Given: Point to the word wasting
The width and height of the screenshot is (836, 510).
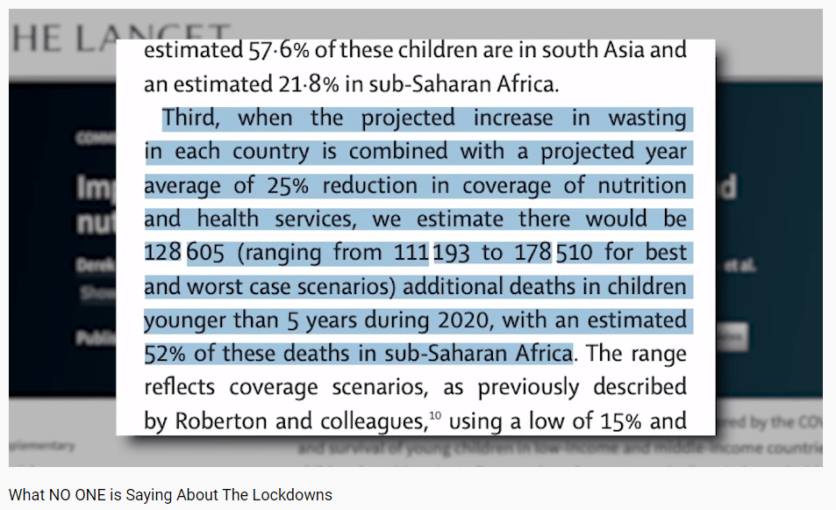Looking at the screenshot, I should pos(646,118).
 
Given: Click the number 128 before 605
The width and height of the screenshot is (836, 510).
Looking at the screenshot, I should pos(162,253).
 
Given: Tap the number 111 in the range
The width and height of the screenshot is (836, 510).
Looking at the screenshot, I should pos(411,253).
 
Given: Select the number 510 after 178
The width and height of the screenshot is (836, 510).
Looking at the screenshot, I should pos(575,253).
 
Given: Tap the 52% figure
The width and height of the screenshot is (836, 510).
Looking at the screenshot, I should pos(164,354).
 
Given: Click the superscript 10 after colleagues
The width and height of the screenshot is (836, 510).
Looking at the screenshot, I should pos(433,415).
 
